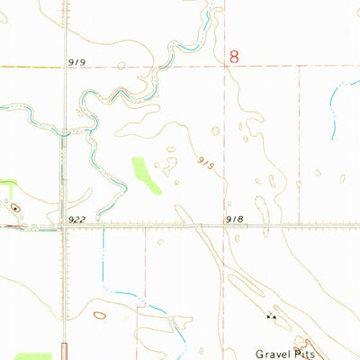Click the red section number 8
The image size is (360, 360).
click(235, 56)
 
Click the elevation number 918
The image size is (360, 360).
click(236, 220)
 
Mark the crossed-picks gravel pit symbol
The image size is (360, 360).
click(270, 316)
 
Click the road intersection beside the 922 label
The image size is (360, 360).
click(64, 226)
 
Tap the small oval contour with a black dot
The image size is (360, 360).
click(15, 208)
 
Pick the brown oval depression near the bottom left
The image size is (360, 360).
click(99, 316)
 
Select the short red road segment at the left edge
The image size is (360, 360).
click(9, 227)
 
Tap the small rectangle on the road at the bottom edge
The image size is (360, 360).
click(64, 351)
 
